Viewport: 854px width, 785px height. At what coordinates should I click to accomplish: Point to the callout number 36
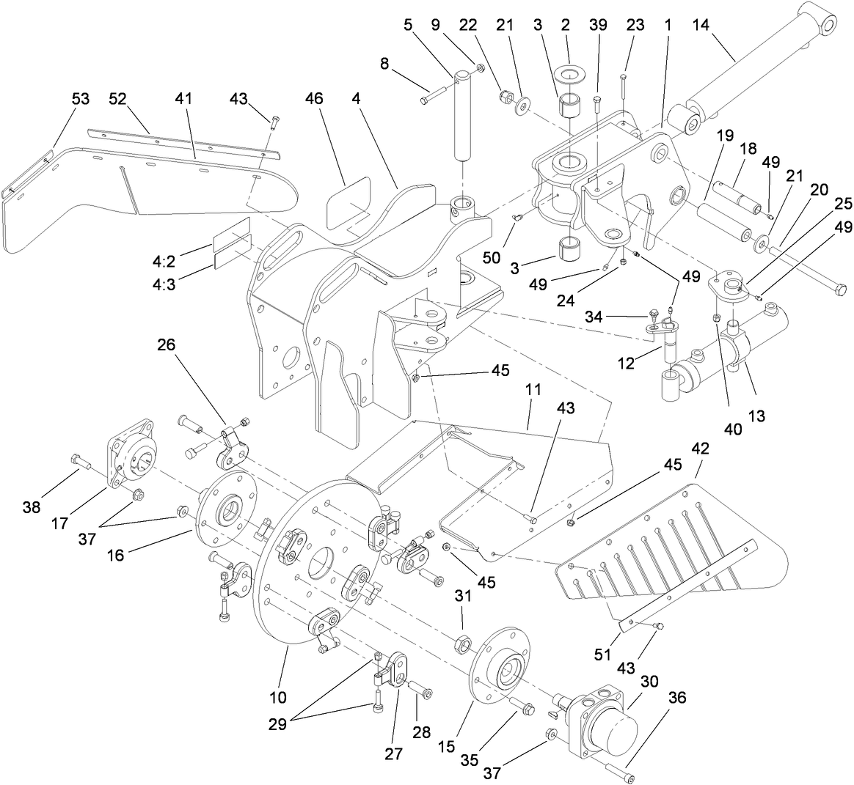tap(676, 699)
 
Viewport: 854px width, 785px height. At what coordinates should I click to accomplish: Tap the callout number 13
tap(756, 416)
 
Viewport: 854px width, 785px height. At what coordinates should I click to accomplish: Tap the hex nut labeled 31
tap(463, 644)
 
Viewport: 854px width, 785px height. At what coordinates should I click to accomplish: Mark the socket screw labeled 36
tap(621, 772)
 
